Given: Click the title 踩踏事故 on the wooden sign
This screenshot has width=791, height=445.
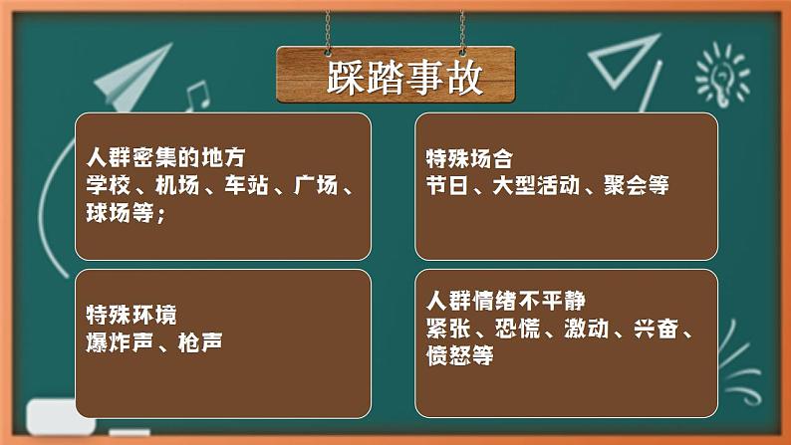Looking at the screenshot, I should [395, 76].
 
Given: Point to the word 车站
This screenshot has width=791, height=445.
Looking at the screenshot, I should [244, 185].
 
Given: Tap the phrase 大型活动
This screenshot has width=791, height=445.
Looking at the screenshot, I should [534, 185].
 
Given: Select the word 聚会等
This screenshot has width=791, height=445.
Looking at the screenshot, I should [637, 185].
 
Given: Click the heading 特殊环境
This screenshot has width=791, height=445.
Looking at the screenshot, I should [131, 316].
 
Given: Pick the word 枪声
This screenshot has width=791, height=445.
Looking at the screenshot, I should [198, 342].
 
